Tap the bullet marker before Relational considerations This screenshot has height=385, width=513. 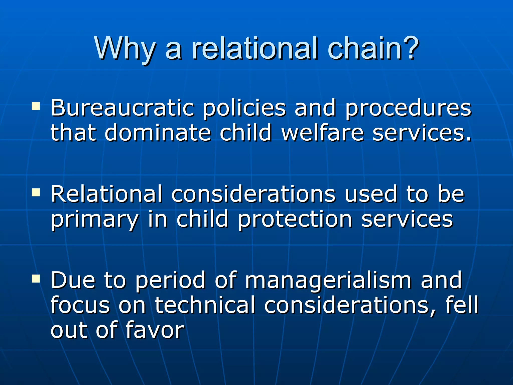36,192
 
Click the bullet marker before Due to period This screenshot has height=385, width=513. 36,278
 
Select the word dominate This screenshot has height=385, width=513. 158,133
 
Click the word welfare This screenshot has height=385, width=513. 322,133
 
